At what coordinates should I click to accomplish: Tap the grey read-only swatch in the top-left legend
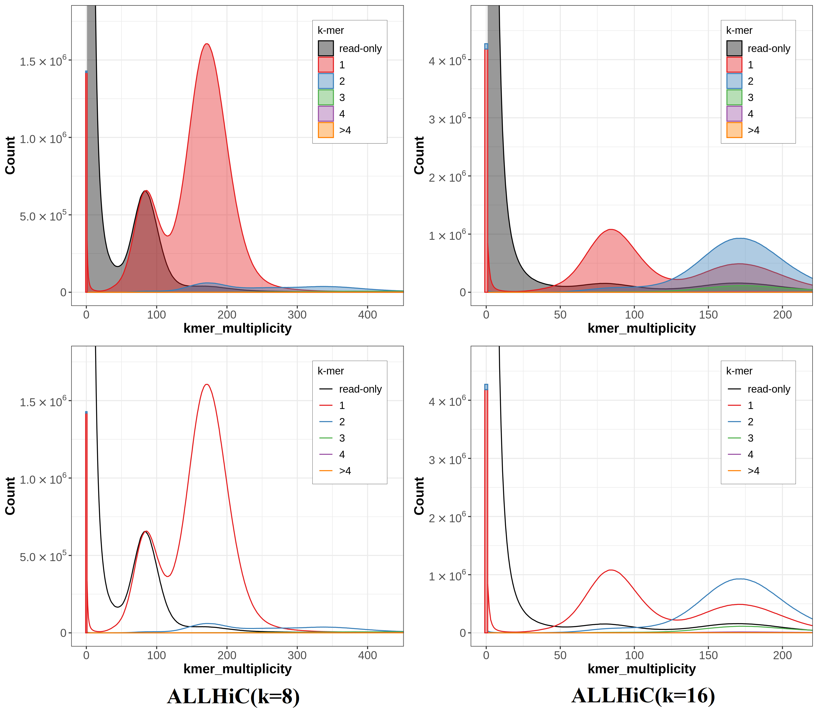click(x=326, y=48)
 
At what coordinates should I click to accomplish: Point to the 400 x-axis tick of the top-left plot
click(x=367, y=315)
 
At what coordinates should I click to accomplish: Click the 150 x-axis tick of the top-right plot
click(x=708, y=315)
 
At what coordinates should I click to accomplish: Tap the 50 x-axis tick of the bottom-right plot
click(x=560, y=655)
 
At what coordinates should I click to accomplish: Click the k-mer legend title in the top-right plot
click(x=739, y=30)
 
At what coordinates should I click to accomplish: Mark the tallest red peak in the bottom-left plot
click(x=207, y=385)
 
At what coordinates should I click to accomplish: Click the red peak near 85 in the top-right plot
click(x=611, y=230)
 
